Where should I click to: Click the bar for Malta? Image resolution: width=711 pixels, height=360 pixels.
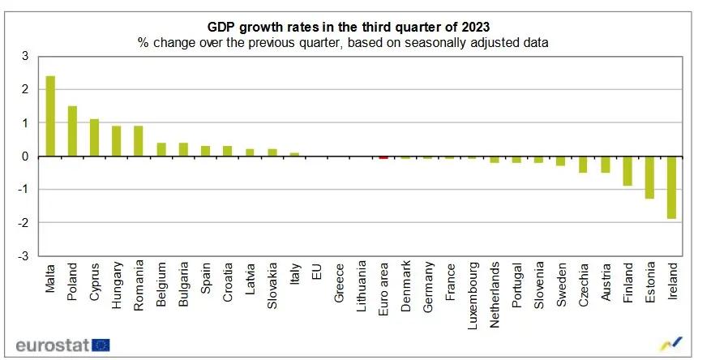(x=50, y=116)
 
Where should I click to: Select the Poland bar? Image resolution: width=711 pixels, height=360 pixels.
(x=72, y=131)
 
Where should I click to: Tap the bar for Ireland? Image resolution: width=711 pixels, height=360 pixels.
(x=672, y=187)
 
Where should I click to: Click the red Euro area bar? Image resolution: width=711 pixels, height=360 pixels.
(x=383, y=157)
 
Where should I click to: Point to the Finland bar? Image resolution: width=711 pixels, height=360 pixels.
(x=627, y=171)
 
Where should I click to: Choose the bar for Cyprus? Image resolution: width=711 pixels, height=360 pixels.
(x=94, y=138)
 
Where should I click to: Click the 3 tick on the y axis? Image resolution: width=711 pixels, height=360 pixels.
(x=24, y=56)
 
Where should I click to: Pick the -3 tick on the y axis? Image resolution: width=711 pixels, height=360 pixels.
(x=23, y=256)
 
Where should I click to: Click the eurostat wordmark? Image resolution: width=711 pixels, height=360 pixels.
(x=52, y=344)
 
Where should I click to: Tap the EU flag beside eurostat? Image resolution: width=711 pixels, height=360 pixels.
(x=101, y=345)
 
